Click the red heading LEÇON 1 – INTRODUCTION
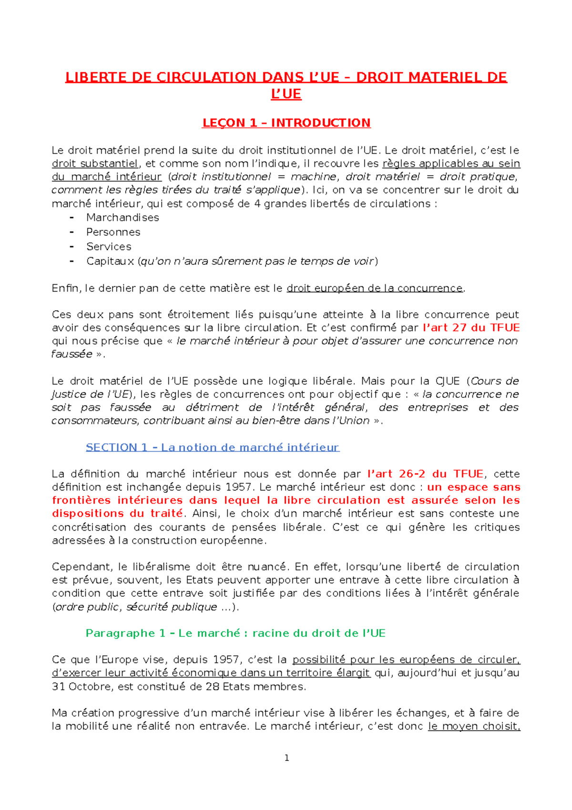[x=286, y=123]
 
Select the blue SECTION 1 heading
[x=212, y=447]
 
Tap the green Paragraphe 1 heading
[x=235, y=633]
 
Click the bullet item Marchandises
[x=123, y=218]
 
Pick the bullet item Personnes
[x=113, y=232]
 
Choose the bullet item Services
[x=109, y=247]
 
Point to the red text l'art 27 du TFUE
[x=471, y=328]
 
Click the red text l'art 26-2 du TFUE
[x=425, y=474]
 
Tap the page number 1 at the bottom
[x=286, y=758]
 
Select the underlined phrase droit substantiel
[x=95, y=164]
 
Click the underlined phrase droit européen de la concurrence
[x=375, y=288]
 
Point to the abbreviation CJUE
[x=447, y=381]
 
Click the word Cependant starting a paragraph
[x=82, y=567]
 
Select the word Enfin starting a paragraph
[x=66, y=288]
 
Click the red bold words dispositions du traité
[x=117, y=514]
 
